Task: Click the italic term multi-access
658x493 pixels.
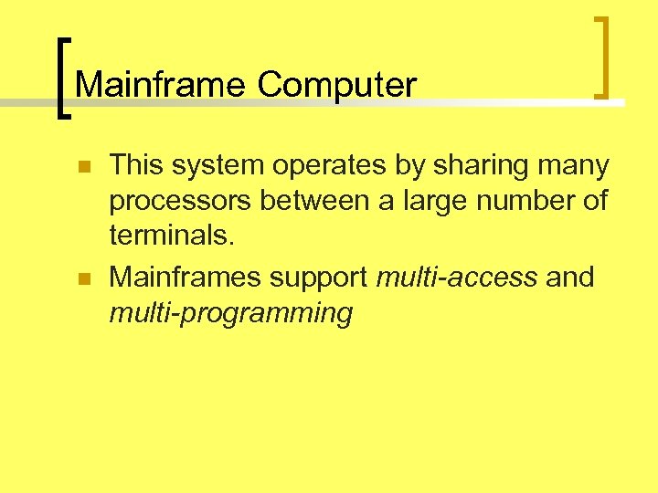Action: [x=457, y=277]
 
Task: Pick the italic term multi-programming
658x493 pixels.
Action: [x=230, y=313]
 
